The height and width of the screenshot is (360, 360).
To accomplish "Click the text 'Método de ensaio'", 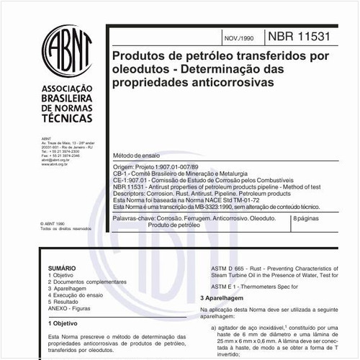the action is [x=132, y=156].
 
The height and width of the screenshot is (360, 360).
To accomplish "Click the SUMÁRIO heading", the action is [x=61, y=266].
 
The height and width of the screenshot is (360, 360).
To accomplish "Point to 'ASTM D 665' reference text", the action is [x=219, y=267].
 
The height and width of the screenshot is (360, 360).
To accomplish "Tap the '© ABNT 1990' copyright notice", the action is [x=53, y=223].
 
